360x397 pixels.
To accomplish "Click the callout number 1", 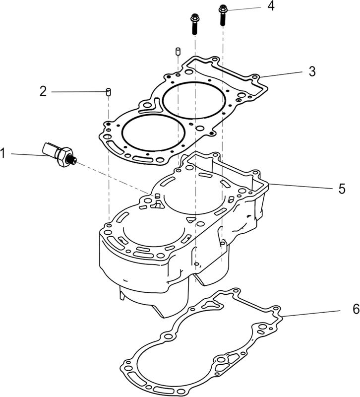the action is [x=3, y=153].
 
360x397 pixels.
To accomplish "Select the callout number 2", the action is [x=43, y=91].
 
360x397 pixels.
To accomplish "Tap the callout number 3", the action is [x=312, y=71].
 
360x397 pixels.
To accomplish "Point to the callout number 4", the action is [x=271, y=6].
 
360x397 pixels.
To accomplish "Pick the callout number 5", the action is [x=342, y=189].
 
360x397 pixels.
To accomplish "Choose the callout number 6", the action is [x=356, y=309].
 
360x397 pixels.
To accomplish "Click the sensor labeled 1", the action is [x=59, y=154].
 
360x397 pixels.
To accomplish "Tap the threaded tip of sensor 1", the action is [x=73, y=160].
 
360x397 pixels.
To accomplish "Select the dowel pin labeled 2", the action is [x=108, y=92].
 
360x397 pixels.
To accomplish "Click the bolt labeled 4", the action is [x=223, y=15].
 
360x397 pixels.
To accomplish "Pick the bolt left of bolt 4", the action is [x=194, y=24].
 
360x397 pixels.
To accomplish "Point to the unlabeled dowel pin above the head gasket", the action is [x=178, y=51].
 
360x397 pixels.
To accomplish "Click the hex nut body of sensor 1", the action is [x=64, y=156].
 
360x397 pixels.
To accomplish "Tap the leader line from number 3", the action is [x=281, y=74].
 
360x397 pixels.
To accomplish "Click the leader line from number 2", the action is [x=79, y=92].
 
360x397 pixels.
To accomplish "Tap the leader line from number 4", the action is [x=244, y=9].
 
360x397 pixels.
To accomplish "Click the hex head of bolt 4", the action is [x=223, y=8].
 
